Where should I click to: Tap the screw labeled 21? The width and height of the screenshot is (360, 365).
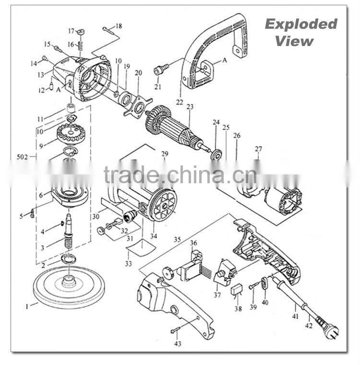(159, 71)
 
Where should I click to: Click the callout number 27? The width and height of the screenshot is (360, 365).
(258, 149)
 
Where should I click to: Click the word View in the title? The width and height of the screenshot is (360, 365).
(294, 41)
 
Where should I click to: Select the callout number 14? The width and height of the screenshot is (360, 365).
(34, 63)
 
